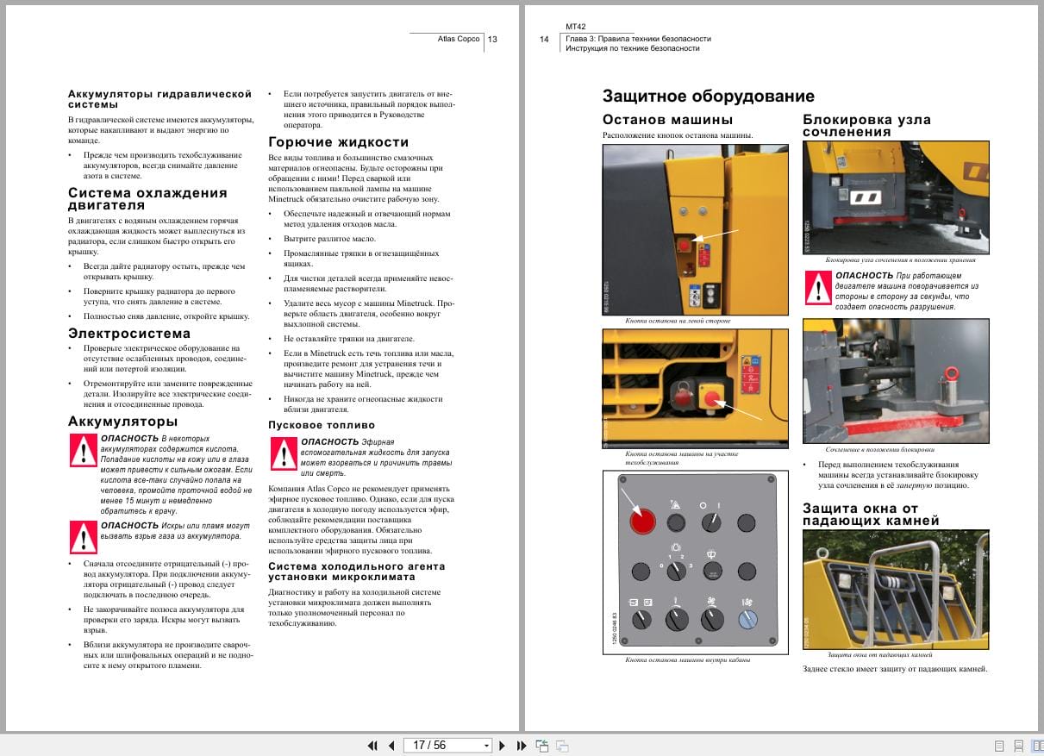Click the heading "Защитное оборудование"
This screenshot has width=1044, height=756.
708,96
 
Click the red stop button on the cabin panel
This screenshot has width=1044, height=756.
642,521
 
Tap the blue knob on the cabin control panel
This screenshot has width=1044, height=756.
747,619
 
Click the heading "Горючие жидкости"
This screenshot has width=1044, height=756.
339,142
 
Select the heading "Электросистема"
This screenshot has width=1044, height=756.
129,333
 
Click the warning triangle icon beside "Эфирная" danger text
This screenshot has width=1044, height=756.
284,453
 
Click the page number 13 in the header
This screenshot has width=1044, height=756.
492,39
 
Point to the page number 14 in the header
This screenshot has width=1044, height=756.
544,39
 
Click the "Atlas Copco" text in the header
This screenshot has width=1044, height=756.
459,39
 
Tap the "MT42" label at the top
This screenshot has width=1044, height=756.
576,27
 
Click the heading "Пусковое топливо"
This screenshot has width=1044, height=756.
322,425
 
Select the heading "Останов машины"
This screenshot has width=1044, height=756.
667,120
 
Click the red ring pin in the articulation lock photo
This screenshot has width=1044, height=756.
952,373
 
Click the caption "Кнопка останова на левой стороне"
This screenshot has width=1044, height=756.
666,321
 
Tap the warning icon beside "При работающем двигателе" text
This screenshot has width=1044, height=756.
818,287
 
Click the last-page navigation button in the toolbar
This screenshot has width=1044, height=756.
522,745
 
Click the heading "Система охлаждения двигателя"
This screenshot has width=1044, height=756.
147,198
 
